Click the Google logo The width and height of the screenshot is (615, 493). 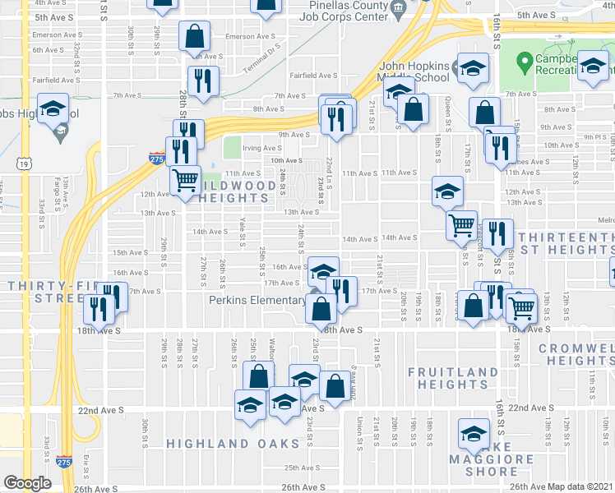click(28, 483)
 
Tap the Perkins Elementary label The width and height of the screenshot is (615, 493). click(257, 300)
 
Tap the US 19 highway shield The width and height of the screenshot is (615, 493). click(17, 164)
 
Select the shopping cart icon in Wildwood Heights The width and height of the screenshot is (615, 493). click(185, 177)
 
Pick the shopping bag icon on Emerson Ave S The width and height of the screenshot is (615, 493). click(193, 37)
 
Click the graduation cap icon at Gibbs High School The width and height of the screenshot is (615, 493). click(53, 108)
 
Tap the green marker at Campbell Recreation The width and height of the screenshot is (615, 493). click(525, 61)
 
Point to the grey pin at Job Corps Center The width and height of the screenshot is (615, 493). click(399, 9)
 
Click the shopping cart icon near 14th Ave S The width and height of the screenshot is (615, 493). click(462, 223)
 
